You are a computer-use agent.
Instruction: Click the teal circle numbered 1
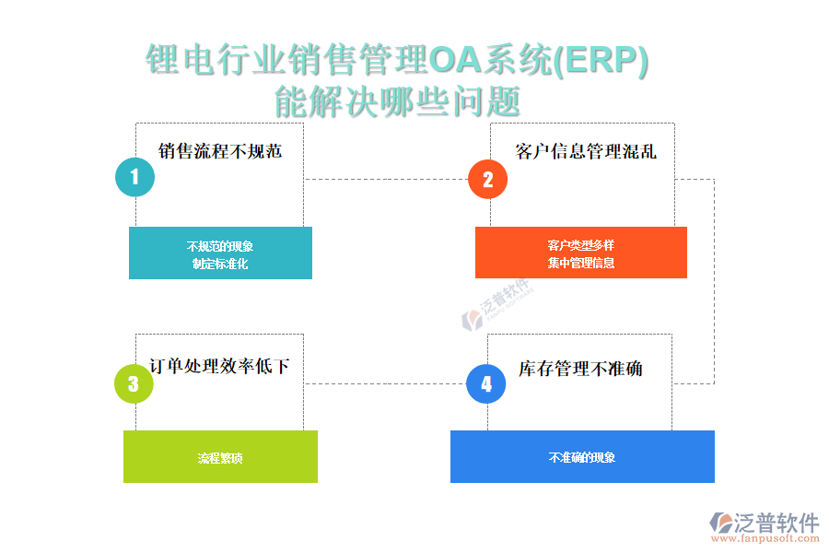click(134, 177)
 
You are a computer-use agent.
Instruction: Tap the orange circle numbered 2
click(488, 179)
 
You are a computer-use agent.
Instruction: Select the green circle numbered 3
click(134, 383)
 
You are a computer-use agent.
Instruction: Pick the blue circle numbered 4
click(486, 383)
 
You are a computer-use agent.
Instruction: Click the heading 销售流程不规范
click(220, 151)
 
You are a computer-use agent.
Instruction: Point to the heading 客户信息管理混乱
click(586, 151)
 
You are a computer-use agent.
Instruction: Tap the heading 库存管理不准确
click(580, 369)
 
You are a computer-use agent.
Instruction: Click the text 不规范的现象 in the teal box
click(220, 246)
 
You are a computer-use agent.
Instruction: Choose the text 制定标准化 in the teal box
click(220, 264)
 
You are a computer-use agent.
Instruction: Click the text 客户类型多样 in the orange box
click(580, 245)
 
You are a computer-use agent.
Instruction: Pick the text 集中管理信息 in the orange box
click(580, 263)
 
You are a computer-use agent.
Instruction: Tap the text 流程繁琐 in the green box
click(220, 458)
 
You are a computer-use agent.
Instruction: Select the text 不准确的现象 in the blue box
click(582, 458)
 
